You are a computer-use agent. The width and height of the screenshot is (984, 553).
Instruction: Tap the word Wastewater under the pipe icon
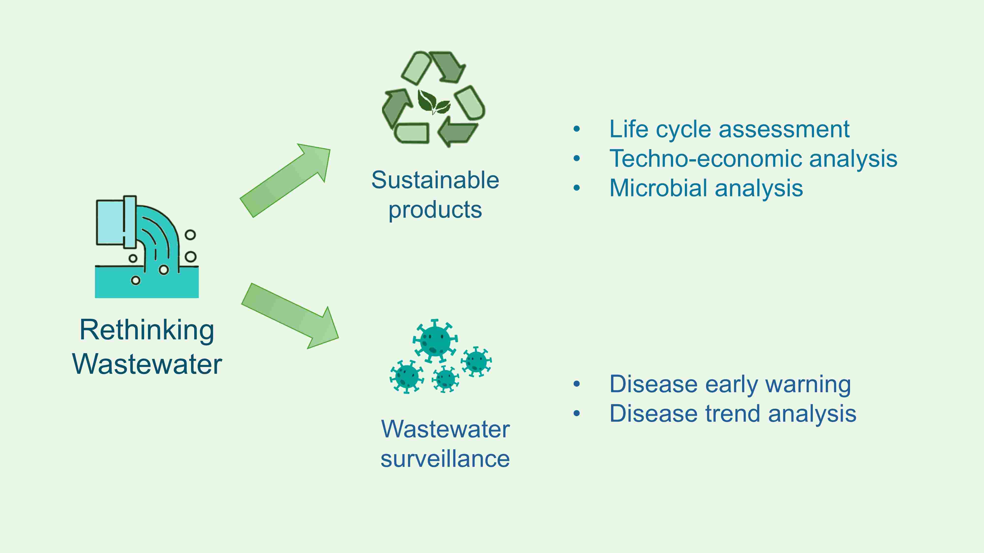pyautogui.click(x=147, y=364)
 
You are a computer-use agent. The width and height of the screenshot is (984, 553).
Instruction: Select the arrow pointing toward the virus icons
pyautogui.click(x=290, y=316)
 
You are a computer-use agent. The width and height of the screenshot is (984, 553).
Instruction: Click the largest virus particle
pyautogui.click(x=435, y=340)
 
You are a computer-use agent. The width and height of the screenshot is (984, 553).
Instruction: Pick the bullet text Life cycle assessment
pyautogui.click(x=729, y=129)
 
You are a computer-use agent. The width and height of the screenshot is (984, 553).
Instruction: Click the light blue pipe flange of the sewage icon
pyautogui.click(x=130, y=222)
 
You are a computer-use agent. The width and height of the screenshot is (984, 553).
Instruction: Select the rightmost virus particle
pyautogui.click(x=476, y=361)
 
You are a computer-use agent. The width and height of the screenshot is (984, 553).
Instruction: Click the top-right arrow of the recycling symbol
pyautogui.click(x=448, y=67)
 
